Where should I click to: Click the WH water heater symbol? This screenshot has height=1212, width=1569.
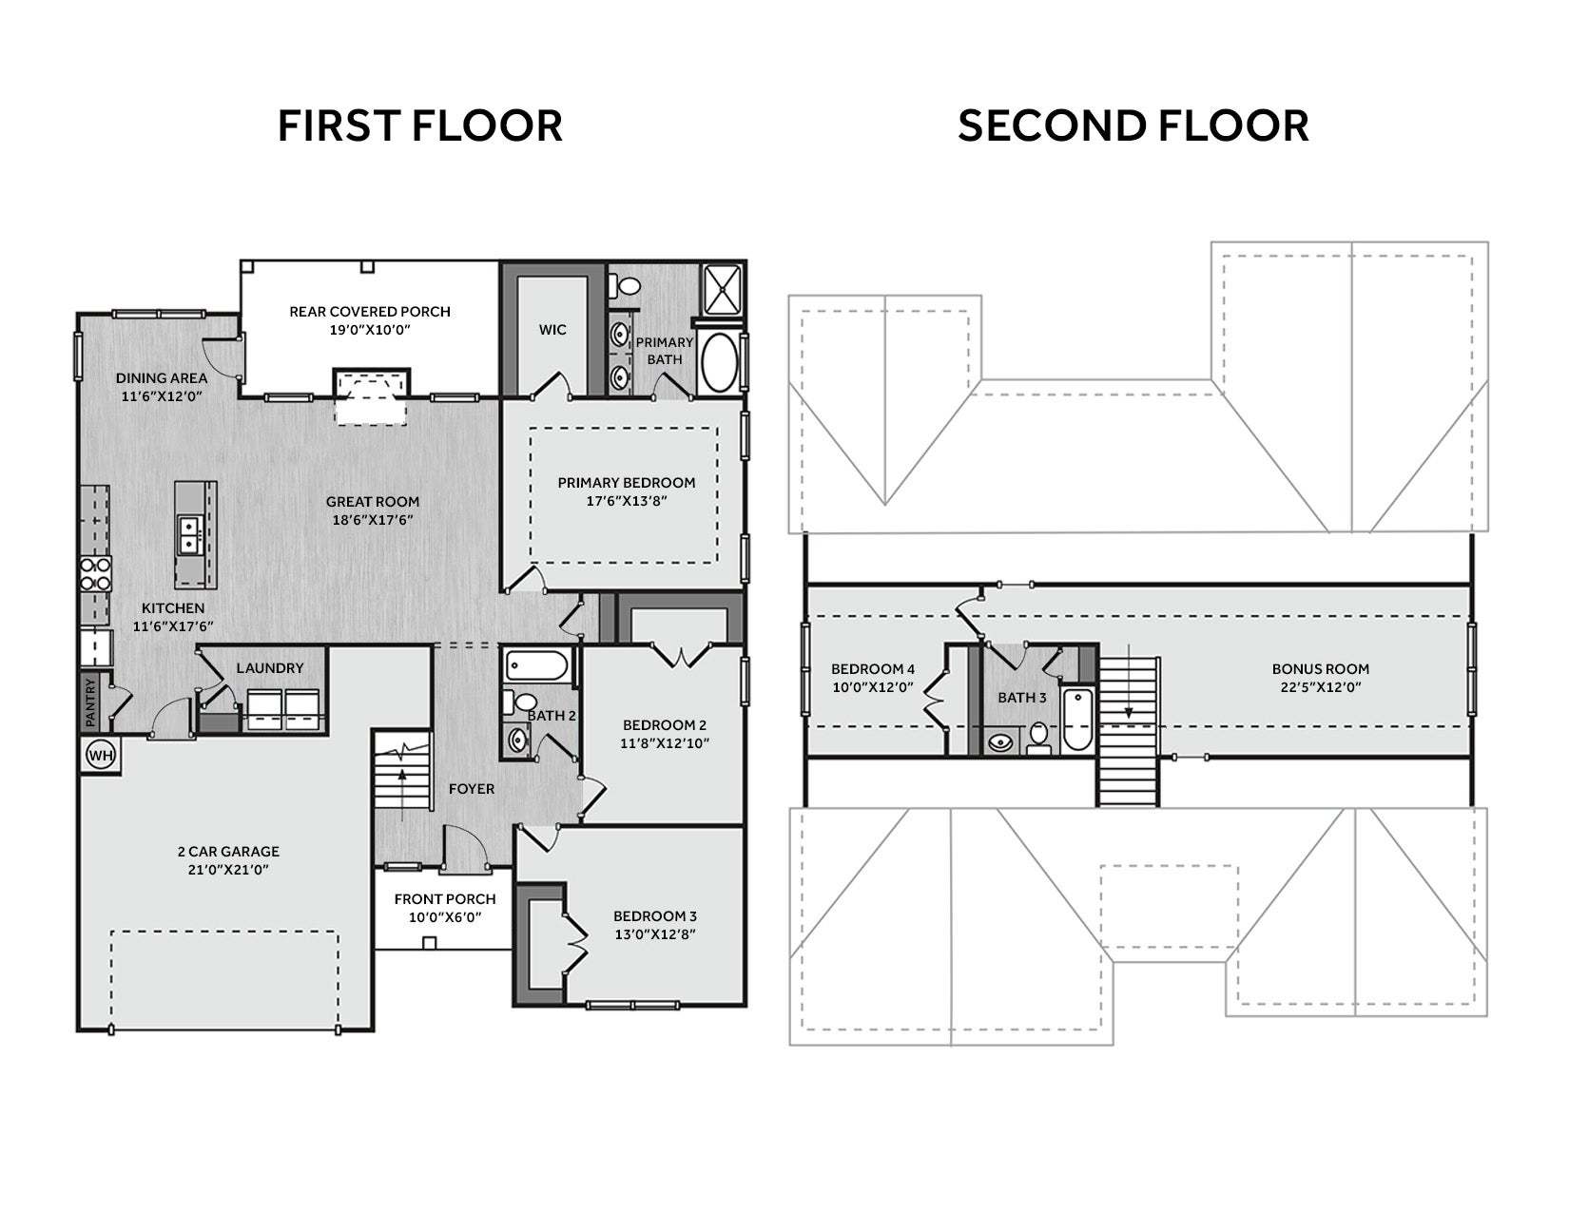(101, 756)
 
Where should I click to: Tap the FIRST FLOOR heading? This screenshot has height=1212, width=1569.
(420, 125)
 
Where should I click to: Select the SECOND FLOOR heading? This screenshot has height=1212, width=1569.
(1133, 125)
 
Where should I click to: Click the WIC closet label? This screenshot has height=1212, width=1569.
(552, 330)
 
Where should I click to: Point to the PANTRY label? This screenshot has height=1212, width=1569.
(90, 702)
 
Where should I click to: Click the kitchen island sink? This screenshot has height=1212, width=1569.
(189, 535)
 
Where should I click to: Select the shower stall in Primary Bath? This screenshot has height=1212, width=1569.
(723, 290)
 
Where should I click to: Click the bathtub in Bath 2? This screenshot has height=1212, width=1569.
(536, 665)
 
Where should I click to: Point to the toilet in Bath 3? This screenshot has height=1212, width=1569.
(1038, 738)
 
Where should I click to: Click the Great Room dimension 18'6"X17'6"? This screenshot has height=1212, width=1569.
(373, 520)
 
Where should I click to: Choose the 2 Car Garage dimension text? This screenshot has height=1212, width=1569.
(228, 870)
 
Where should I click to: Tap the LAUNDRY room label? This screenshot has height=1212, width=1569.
(269, 668)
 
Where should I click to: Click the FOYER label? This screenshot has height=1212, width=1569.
(472, 789)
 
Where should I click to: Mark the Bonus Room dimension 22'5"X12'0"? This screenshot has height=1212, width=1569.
(1321, 687)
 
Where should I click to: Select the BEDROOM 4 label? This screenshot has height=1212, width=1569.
(872, 669)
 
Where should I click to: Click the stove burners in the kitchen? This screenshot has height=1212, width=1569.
(95, 574)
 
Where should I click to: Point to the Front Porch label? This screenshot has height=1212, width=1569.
(445, 899)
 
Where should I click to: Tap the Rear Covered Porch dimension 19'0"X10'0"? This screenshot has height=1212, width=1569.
(370, 330)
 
